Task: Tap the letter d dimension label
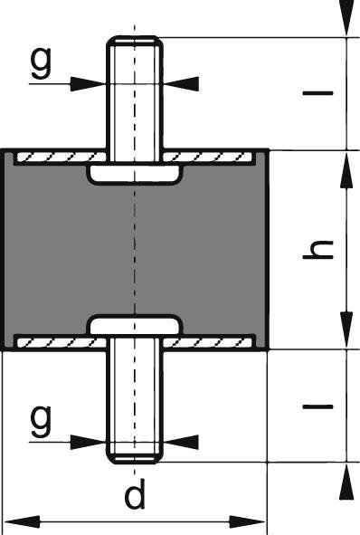[136, 496]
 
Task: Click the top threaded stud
[134, 91]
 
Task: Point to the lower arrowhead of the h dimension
[345, 333]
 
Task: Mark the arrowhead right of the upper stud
[182, 82]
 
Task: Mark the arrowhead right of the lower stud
[182, 441]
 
